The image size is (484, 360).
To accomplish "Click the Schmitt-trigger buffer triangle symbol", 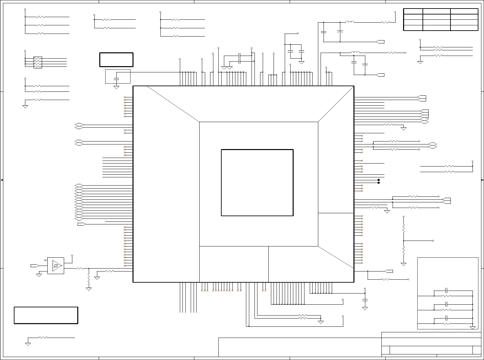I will coord(57,265).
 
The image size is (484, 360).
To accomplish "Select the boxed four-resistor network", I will coord(38,62).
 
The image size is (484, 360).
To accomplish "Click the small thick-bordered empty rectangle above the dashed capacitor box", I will coord(116,60).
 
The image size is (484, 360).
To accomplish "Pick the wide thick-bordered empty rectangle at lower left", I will coord(46,315).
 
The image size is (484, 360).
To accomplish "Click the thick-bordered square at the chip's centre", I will coord(257,183).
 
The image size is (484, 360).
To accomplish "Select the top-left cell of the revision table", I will coord(413,11).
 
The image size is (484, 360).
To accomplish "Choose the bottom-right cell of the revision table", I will coord(464,28).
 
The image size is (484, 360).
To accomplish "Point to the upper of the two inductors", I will coord(350,22).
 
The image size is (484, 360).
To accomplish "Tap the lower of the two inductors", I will coord(355,52).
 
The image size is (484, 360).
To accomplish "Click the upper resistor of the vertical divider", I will coord(403,228).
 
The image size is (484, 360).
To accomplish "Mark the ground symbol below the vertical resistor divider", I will coord(403,264).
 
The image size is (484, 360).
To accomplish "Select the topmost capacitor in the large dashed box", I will coord(447,291).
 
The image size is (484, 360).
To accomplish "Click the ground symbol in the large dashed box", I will coord(473,327).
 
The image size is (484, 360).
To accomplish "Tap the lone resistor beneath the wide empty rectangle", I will coord(43,338).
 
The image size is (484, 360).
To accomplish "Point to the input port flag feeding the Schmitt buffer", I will coord(34,265).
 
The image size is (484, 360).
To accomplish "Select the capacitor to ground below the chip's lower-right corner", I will coord(365,300).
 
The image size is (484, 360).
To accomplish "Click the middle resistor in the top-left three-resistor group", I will coord(40,25).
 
